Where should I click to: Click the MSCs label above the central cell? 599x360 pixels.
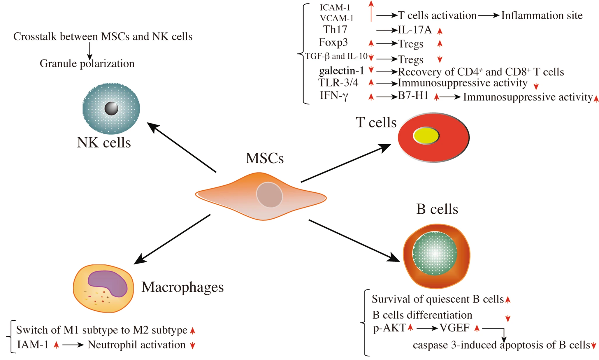pos(264,158)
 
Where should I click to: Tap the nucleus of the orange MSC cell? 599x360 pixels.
pos(269,195)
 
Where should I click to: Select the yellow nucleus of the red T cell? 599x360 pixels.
pos(426,136)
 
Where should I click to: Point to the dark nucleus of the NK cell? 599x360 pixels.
pos(111,108)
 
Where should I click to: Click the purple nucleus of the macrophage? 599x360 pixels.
pos(108,283)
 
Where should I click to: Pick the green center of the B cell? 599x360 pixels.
pos(435,253)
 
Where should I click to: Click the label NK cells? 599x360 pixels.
pos(104,143)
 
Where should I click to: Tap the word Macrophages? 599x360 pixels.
pos(182,287)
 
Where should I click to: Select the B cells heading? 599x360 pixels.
pos(437,209)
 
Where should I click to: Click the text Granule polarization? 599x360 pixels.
pos(87,64)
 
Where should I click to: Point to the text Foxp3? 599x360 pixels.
pos(333,43)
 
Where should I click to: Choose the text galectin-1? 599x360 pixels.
pos(341,71)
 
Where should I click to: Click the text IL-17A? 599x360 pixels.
pos(415,30)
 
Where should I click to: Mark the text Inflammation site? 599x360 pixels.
pos(542,15)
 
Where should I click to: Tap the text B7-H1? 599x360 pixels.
pos(413,96)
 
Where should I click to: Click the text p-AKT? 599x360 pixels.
pos(389,328)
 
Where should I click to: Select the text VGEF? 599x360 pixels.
pos(454,328)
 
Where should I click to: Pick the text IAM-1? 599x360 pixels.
pos(33,345)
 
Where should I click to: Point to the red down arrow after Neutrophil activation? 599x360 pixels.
pos(192,346)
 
